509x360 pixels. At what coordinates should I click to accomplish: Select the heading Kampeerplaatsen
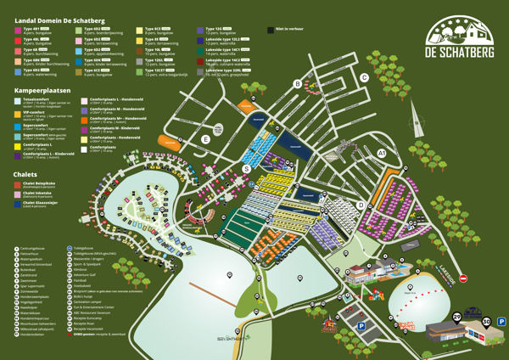[42, 89]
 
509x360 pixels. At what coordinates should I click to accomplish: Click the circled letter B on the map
[297, 83]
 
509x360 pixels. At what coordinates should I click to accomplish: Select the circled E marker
[205, 140]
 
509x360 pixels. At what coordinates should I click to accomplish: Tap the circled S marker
[246, 169]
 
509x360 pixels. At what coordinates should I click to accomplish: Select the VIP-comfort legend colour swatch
[19, 111]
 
